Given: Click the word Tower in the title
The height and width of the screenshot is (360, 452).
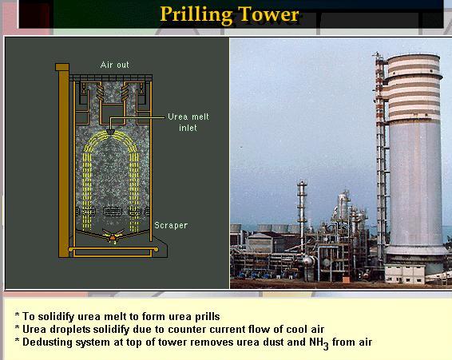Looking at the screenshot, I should pyautogui.click(x=272, y=14).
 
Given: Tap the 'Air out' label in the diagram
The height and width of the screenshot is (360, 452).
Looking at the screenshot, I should pyautogui.click(x=114, y=64).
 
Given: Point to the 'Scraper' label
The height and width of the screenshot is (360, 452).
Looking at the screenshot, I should pyautogui.click(x=170, y=226).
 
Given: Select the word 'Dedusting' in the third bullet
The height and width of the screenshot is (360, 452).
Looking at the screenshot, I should pyautogui.click(x=47, y=342).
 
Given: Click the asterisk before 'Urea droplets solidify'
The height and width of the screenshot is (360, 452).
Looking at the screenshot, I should pyautogui.click(x=17, y=330).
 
